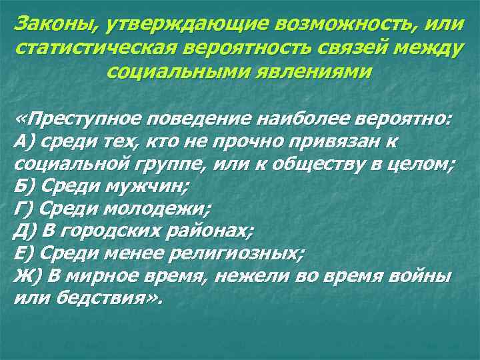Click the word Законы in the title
52,24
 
